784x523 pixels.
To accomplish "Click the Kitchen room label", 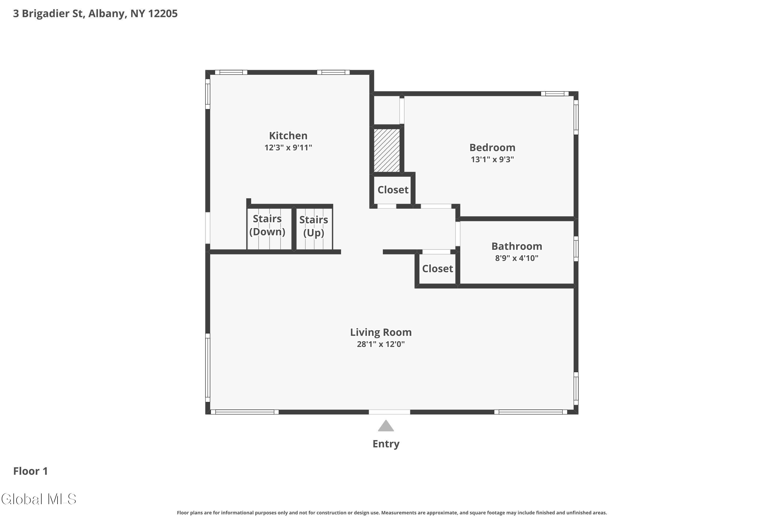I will click(x=288, y=136).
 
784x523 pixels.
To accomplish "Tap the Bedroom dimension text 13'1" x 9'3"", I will click(x=492, y=160).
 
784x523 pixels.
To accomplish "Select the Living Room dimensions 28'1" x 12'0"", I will click(x=381, y=344).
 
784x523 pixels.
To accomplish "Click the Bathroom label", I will click(x=516, y=246).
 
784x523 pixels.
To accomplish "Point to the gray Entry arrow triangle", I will click(x=386, y=426).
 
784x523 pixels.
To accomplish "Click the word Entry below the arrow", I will click(x=386, y=444).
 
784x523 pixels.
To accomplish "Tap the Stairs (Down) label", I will click(x=267, y=225).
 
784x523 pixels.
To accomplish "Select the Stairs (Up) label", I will click(x=313, y=226).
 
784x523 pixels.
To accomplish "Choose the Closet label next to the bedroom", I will click(x=393, y=190).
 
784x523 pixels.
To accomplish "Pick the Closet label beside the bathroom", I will click(x=437, y=269).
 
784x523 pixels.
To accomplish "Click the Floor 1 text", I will click(x=30, y=471).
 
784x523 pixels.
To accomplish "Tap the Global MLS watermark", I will click(x=39, y=499).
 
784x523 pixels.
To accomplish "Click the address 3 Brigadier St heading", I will click(x=95, y=14).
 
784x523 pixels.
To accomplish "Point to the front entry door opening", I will click(x=389, y=412).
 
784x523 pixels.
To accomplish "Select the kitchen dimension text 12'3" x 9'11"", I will click(x=288, y=148).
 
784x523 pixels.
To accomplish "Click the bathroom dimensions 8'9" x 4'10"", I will click(x=516, y=258).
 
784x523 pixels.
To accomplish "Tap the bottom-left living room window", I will click(x=244, y=412).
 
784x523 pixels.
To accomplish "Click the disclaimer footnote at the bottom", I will click(x=392, y=513).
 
